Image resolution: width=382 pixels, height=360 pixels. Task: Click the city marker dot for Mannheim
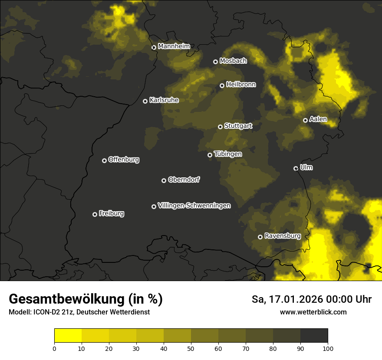[x=154, y=48]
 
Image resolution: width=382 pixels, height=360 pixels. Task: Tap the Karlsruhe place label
[x=164, y=100]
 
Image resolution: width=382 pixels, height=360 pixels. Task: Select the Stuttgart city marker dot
[x=221, y=127]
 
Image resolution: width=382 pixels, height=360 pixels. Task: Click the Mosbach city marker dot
[x=215, y=62]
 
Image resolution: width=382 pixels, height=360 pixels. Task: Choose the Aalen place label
[x=318, y=119]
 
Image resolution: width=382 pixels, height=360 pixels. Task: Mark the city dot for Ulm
[x=296, y=168]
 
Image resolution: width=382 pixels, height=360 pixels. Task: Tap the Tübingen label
[x=228, y=154]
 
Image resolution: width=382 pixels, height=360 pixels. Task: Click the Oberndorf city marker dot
[x=164, y=180]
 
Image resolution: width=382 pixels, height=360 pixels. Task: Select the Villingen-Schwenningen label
[x=194, y=206]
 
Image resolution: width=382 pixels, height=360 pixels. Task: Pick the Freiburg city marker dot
[x=95, y=214]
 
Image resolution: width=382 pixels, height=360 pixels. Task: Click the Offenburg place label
[x=124, y=160]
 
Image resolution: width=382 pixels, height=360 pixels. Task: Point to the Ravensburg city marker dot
[x=260, y=237]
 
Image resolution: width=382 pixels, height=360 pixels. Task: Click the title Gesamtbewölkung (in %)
[x=86, y=299]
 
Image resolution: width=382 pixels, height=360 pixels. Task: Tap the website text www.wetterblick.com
[x=313, y=312]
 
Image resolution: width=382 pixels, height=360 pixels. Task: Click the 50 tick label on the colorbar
[x=191, y=348]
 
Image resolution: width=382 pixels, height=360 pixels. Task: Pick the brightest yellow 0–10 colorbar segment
[x=68, y=335]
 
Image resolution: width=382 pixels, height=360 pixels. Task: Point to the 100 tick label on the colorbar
[x=328, y=348]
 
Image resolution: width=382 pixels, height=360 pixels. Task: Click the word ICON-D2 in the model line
[x=45, y=312]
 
